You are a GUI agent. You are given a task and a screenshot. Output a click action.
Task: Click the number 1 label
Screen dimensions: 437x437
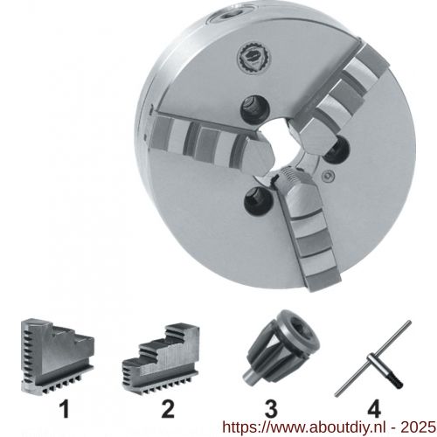tap(65, 409)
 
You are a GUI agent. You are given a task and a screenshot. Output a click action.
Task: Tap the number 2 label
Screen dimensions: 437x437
tap(168, 409)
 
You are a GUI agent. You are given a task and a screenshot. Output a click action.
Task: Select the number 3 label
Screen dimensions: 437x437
tap(271, 409)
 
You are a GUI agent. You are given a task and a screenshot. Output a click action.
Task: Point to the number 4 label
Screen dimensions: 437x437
tap(374, 409)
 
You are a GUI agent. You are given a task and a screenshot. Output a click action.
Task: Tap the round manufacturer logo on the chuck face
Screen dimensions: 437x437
tap(253, 57)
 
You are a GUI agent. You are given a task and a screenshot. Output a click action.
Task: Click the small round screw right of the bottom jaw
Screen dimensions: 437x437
tap(329, 176)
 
